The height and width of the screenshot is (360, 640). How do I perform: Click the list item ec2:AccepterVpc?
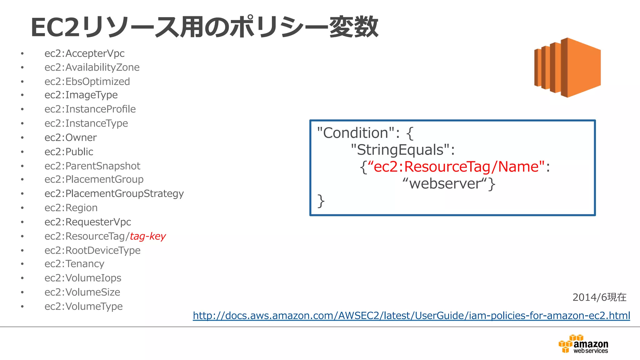coord(84,53)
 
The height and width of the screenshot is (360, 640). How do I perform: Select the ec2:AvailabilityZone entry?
coord(92,67)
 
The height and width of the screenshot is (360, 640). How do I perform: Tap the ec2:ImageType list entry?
coord(81,95)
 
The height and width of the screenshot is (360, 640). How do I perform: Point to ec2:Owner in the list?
coord(71,137)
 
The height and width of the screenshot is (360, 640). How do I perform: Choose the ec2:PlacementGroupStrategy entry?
coord(114,194)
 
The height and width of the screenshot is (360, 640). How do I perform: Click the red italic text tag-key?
coord(148,236)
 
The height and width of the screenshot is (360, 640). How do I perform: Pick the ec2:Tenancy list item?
coord(74,264)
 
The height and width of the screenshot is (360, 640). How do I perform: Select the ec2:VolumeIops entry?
coord(83,278)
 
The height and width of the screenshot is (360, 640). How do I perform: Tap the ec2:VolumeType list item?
coord(83,306)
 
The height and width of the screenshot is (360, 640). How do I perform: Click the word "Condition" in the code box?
coord(356,133)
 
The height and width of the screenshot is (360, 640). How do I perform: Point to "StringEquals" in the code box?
coord(400,150)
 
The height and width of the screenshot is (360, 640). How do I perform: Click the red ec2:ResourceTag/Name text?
coord(456,167)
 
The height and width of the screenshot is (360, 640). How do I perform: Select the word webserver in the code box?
coord(445,183)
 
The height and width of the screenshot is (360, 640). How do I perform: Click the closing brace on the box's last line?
coord(321,201)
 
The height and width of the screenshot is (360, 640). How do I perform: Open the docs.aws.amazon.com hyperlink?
coord(411,316)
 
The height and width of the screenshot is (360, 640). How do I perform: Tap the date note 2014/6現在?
coord(599,297)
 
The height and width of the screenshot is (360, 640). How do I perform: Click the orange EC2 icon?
coord(567,67)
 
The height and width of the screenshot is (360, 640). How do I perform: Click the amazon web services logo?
coord(583,344)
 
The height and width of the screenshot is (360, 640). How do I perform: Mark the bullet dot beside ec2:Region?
coord(22,208)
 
